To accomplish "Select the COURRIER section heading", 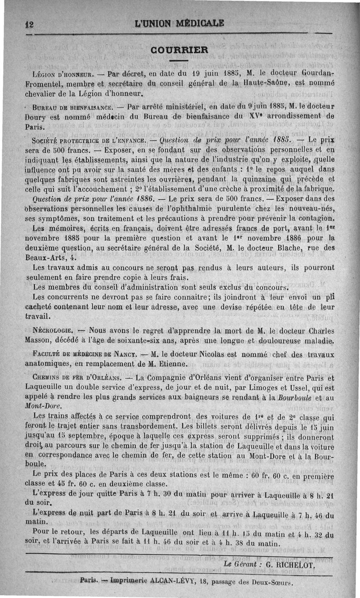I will click(180, 49).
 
